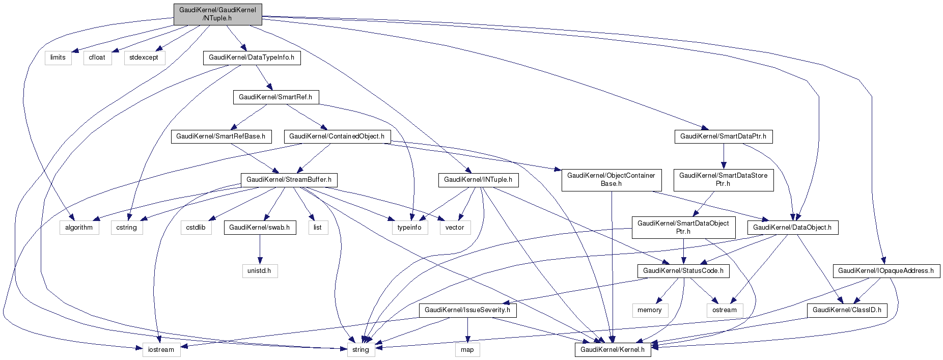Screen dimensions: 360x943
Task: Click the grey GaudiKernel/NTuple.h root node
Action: click(217, 14)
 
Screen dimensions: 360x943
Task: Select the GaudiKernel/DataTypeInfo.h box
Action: click(252, 58)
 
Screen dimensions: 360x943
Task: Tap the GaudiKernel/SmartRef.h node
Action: click(275, 97)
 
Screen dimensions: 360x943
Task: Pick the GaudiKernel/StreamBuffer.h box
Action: click(289, 180)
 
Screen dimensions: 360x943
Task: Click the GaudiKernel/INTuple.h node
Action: click(478, 180)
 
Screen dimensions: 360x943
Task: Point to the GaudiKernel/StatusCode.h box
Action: click(683, 271)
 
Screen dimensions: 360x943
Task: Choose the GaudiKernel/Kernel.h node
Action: click(613, 350)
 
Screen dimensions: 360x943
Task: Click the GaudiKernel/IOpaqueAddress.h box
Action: click(886, 271)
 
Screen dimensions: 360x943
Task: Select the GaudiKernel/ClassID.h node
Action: click(847, 310)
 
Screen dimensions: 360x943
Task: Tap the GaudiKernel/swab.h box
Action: click(259, 228)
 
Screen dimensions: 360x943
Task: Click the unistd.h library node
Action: click(260, 271)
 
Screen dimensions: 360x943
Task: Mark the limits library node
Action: click(58, 58)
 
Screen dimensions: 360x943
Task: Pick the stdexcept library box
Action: click(144, 58)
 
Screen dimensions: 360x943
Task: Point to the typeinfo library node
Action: click(409, 228)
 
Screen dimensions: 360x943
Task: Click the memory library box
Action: click(649, 310)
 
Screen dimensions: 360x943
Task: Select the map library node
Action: click(467, 350)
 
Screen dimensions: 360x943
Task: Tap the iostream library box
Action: click(161, 350)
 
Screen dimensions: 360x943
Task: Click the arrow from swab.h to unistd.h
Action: click(260, 250)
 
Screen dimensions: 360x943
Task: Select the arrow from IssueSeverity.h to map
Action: click(467, 330)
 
